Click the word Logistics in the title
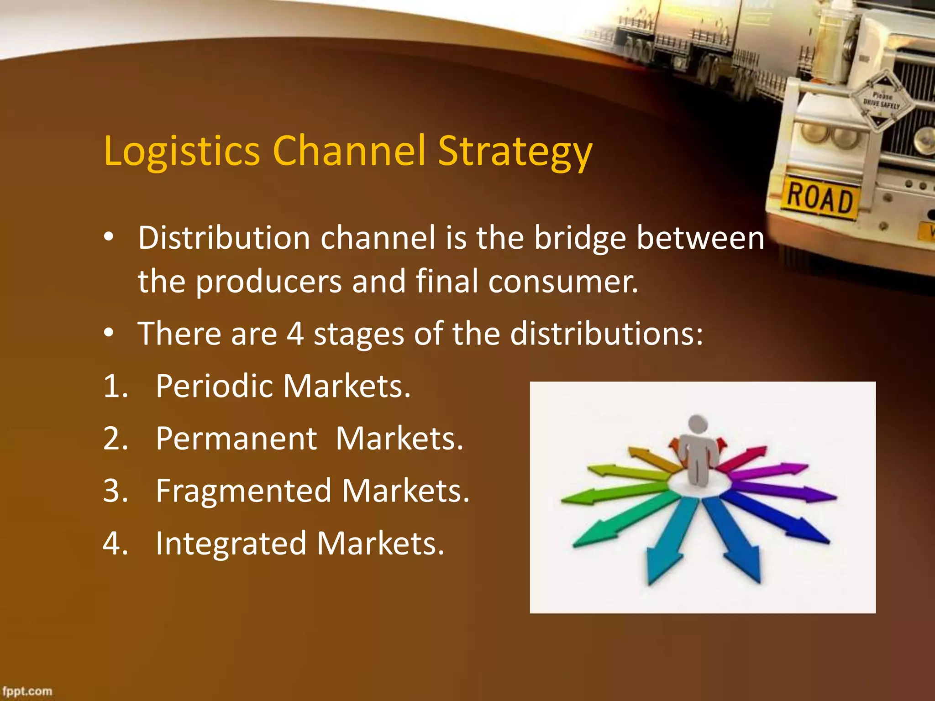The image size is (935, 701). [182, 152]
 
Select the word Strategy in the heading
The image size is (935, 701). [515, 152]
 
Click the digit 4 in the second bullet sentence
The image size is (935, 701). [295, 334]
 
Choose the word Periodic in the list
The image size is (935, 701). [214, 386]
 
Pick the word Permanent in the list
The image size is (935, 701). [236, 439]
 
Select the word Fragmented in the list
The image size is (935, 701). [243, 491]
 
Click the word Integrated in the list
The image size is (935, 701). [231, 544]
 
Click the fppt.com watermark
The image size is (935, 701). [27, 691]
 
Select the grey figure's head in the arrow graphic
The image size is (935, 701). [698, 424]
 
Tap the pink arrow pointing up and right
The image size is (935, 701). [742, 458]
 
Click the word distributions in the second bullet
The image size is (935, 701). [606, 334]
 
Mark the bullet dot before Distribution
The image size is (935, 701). [108, 237]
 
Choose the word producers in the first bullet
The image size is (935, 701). [269, 282]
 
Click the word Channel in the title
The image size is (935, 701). [349, 152]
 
